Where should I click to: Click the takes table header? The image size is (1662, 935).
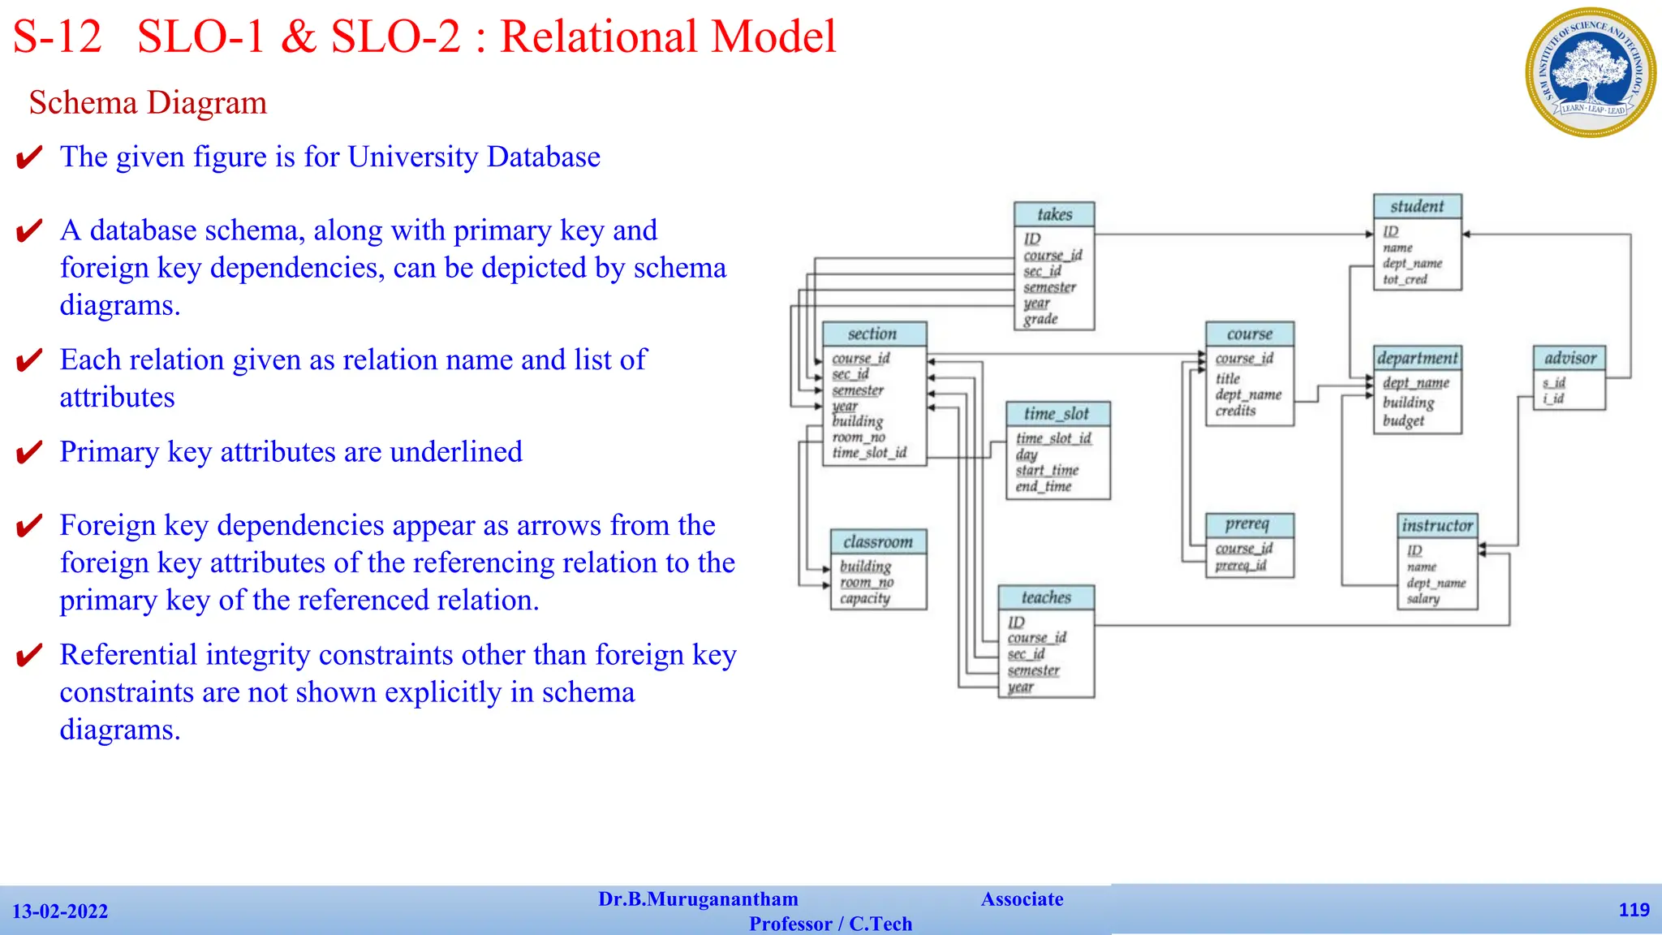click(1054, 214)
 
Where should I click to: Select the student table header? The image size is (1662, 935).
click(1417, 206)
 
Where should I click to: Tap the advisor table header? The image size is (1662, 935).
click(1569, 358)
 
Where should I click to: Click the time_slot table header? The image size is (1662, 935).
click(1057, 414)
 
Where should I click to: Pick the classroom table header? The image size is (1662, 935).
click(878, 541)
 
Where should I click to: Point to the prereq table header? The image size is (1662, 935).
click(1248, 524)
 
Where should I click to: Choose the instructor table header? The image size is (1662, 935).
click(1437, 525)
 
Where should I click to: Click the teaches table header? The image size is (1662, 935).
click(1046, 597)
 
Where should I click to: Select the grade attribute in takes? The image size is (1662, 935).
click(1040, 319)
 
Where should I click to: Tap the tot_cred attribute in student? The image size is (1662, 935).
click(1405, 279)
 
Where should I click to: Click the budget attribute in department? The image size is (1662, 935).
click(1403, 420)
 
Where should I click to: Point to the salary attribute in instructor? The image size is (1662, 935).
click(1423, 599)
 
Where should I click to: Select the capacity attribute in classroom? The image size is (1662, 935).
click(865, 599)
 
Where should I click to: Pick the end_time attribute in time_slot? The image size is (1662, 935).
click(1044, 486)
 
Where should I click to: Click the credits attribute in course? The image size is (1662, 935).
click(1235, 411)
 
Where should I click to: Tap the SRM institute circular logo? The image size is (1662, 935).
click(1590, 73)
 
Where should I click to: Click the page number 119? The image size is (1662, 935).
click(1634, 910)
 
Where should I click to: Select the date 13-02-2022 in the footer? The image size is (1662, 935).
click(60, 911)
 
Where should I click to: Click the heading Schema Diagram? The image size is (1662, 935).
click(148, 103)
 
